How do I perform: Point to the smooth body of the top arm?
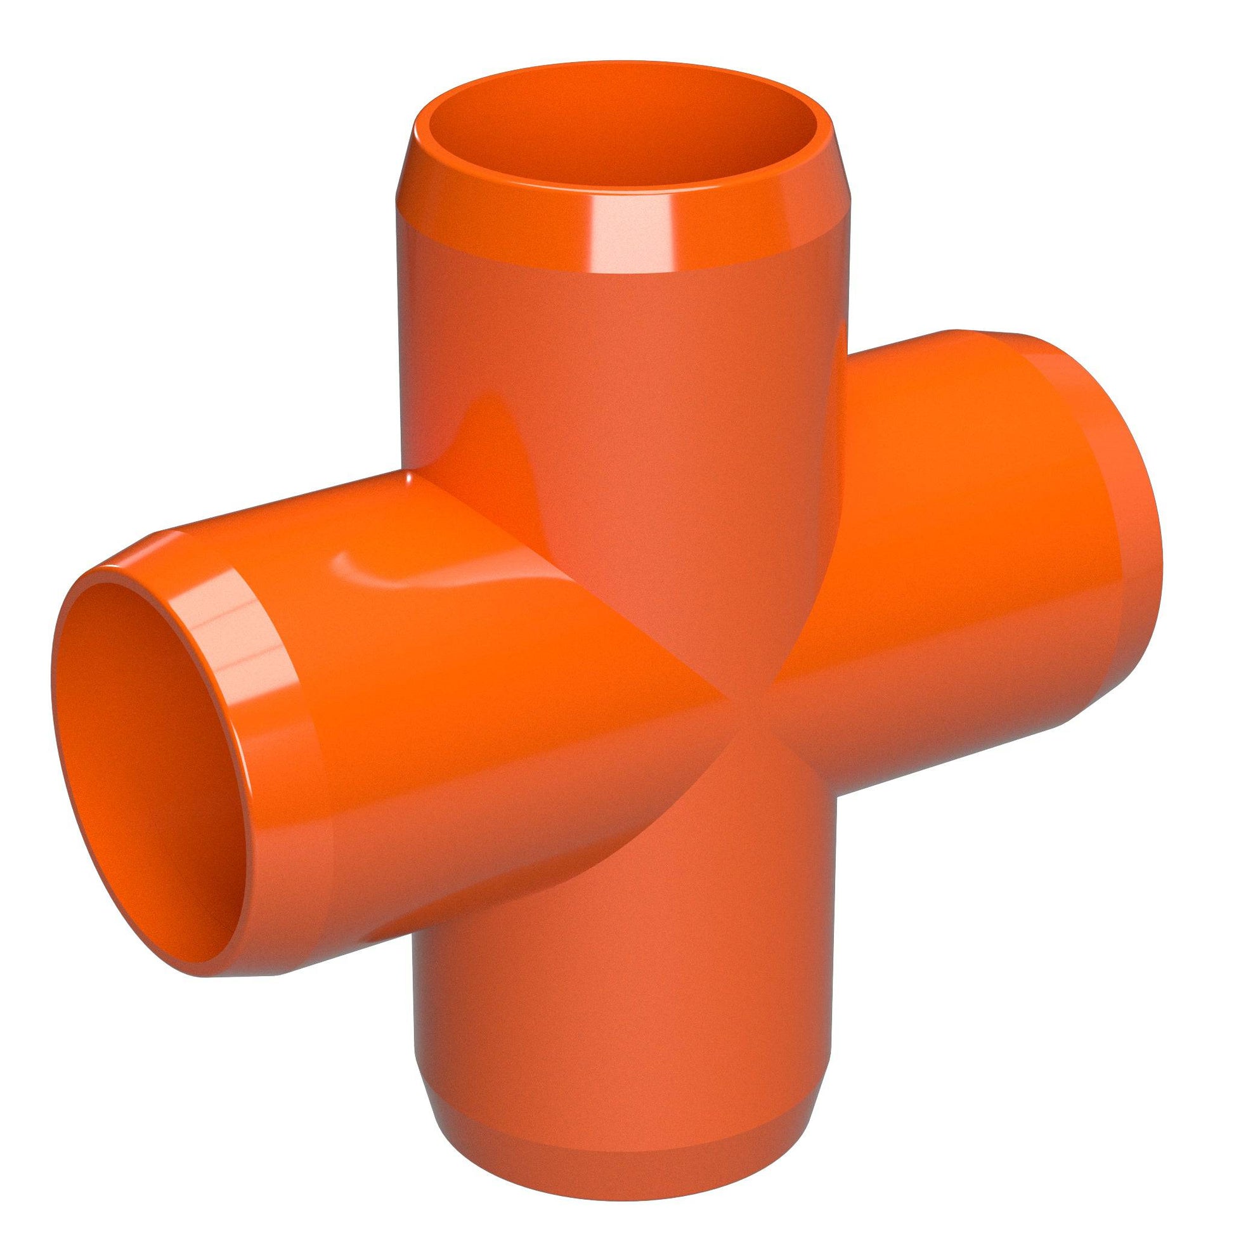(x=613, y=358)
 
